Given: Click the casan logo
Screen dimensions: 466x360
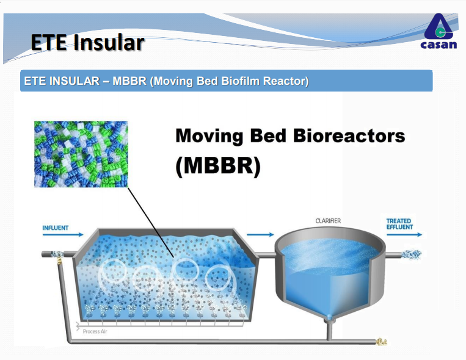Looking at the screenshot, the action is point(439,31).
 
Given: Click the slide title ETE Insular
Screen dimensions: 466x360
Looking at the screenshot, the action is point(88,43).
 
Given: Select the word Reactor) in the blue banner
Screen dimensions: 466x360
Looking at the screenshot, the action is point(286,81).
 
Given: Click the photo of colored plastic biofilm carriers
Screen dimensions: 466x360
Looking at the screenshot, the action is point(81,154).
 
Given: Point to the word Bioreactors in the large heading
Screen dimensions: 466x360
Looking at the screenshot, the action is point(349,135).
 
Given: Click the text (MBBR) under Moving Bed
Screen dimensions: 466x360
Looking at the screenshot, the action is point(218,166).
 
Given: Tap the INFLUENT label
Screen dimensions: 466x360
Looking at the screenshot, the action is point(56,228).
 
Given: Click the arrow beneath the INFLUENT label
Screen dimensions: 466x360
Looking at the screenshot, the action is point(63,235).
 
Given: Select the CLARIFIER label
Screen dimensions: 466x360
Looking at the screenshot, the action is point(328,221).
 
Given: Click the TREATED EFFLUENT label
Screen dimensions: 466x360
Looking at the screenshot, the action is point(399,224).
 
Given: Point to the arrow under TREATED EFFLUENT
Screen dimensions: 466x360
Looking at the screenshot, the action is point(404,235).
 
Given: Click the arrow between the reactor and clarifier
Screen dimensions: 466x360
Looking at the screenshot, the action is point(260,235).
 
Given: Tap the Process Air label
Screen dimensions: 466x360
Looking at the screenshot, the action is point(95,331).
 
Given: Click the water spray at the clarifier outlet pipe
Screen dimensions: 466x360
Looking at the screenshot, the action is point(412,254).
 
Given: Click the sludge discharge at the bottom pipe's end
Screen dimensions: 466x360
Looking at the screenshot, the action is point(381,342).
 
